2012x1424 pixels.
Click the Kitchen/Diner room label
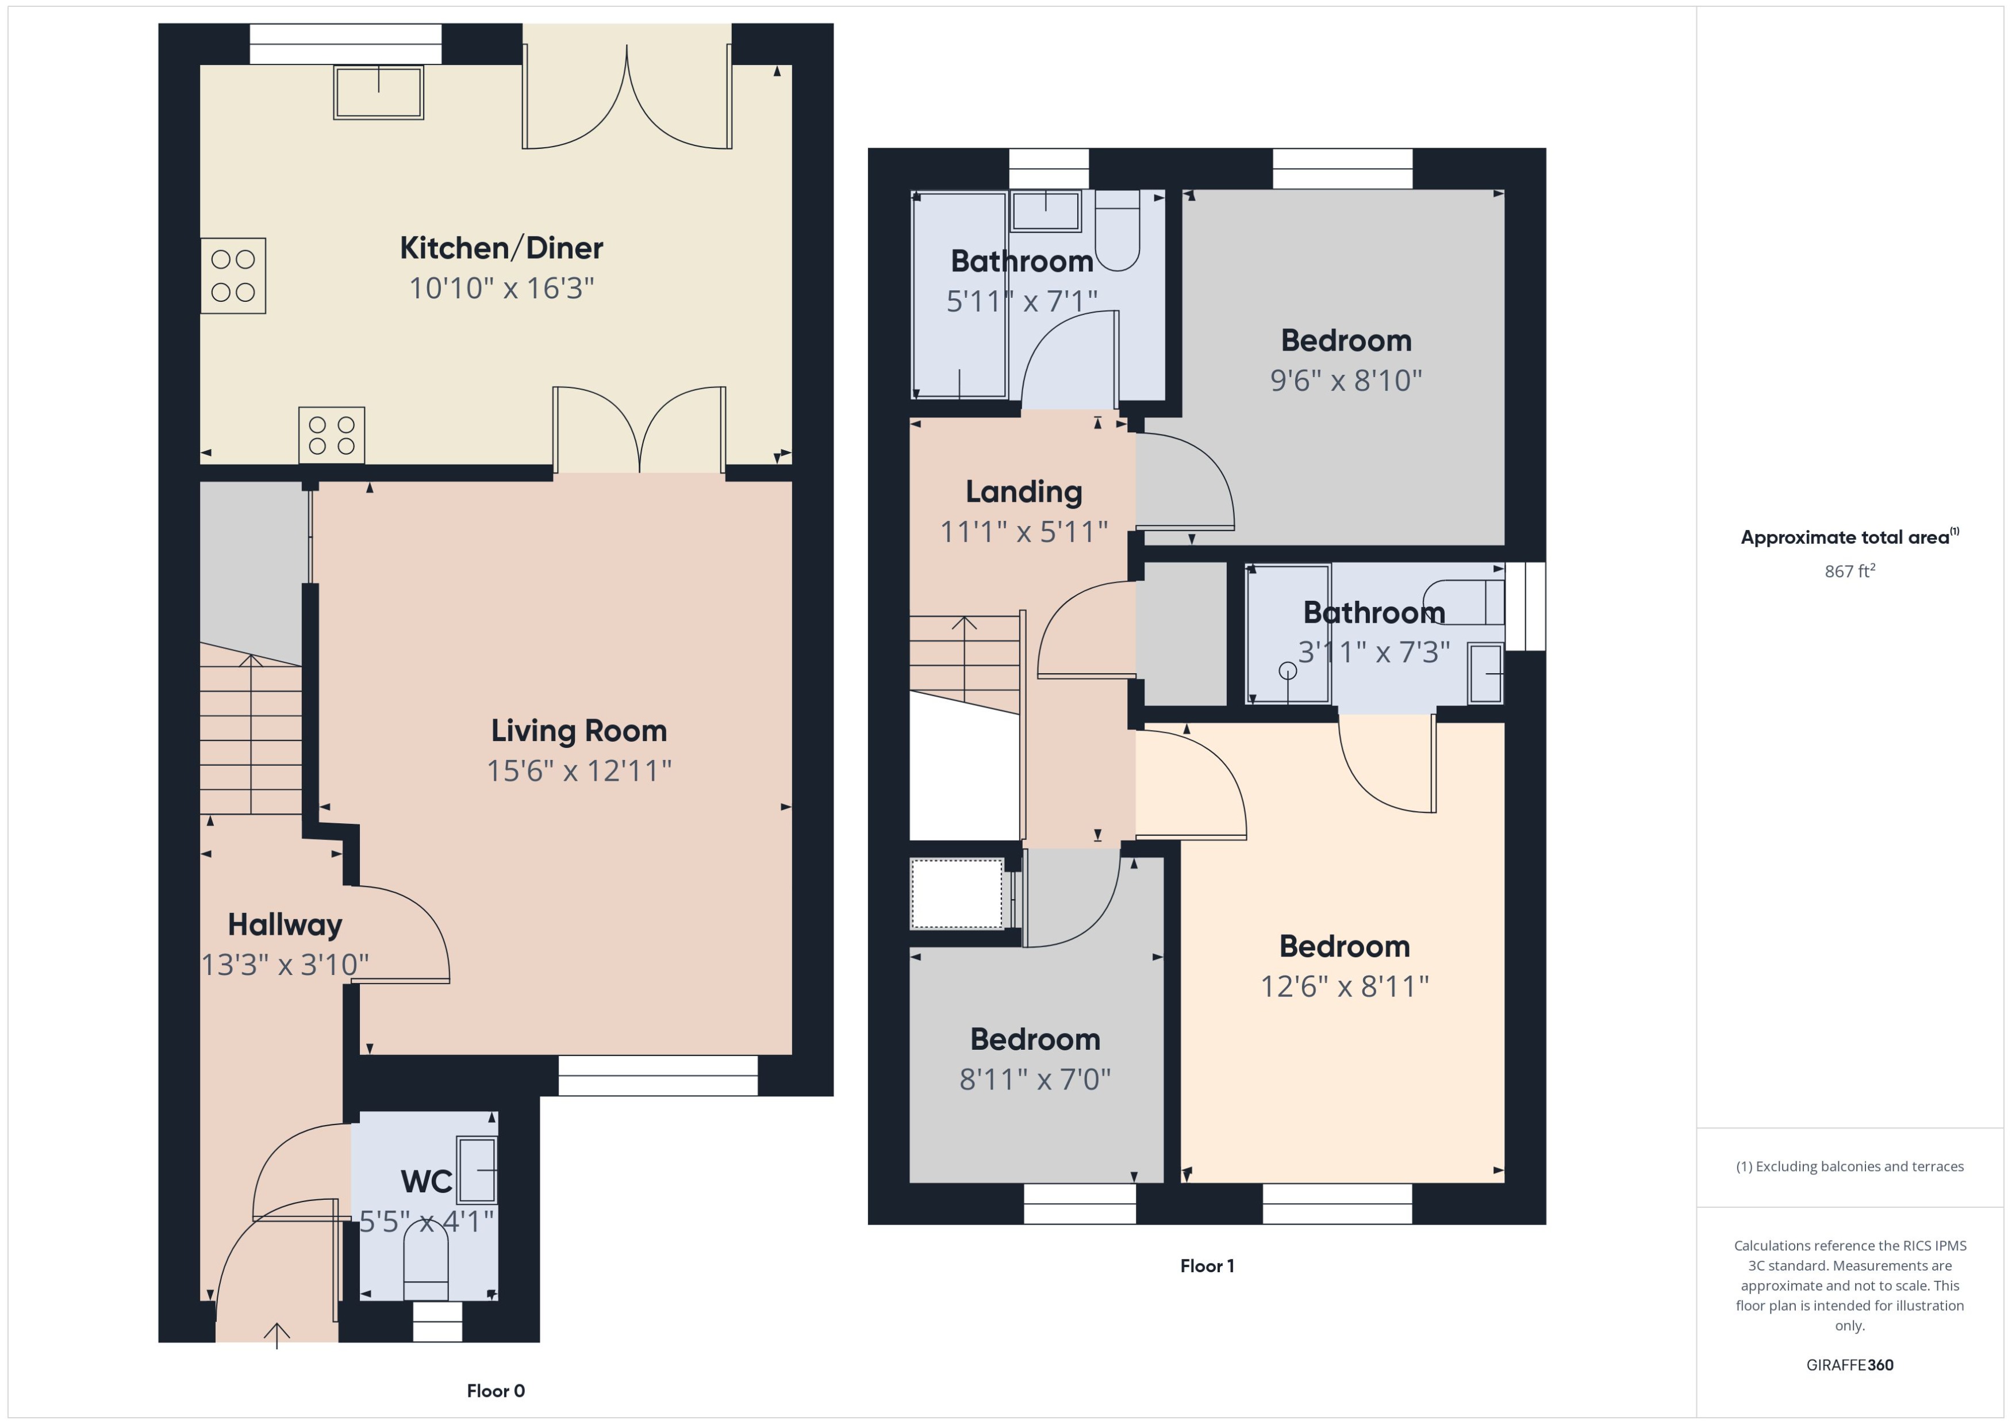[501, 248]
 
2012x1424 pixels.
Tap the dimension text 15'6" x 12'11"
[579, 771]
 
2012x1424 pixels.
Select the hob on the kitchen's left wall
[233, 275]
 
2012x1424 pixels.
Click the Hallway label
[285, 924]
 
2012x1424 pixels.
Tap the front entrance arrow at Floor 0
[277, 1334]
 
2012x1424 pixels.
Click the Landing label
[1023, 492]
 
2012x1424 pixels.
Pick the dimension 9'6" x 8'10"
[1346, 381]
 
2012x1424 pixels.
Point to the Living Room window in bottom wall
[658, 1075]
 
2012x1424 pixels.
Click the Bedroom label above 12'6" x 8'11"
[1344, 946]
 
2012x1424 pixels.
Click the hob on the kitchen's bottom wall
[331, 435]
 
